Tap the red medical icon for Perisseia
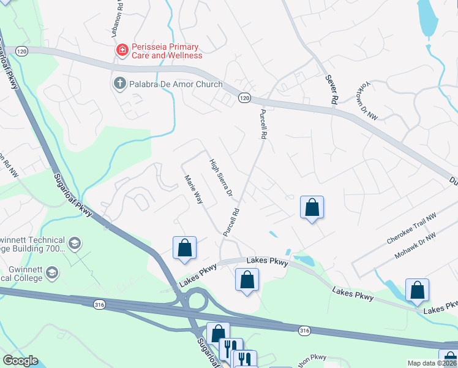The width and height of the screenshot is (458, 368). click(x=122, y=50)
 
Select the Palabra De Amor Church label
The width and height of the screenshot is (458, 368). click(x=175, y=83)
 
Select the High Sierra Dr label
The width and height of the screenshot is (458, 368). click(x=222, y=178)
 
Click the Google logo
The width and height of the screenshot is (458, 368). click(x=20, y=361)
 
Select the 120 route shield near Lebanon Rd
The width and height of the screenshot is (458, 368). click(x=23, y=51)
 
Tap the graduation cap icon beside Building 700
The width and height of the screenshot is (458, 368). click(x=75, y=243)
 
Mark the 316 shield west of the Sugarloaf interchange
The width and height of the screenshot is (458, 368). click(x=100, y=303)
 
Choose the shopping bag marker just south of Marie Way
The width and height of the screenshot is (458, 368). click(x=185, y=248)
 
